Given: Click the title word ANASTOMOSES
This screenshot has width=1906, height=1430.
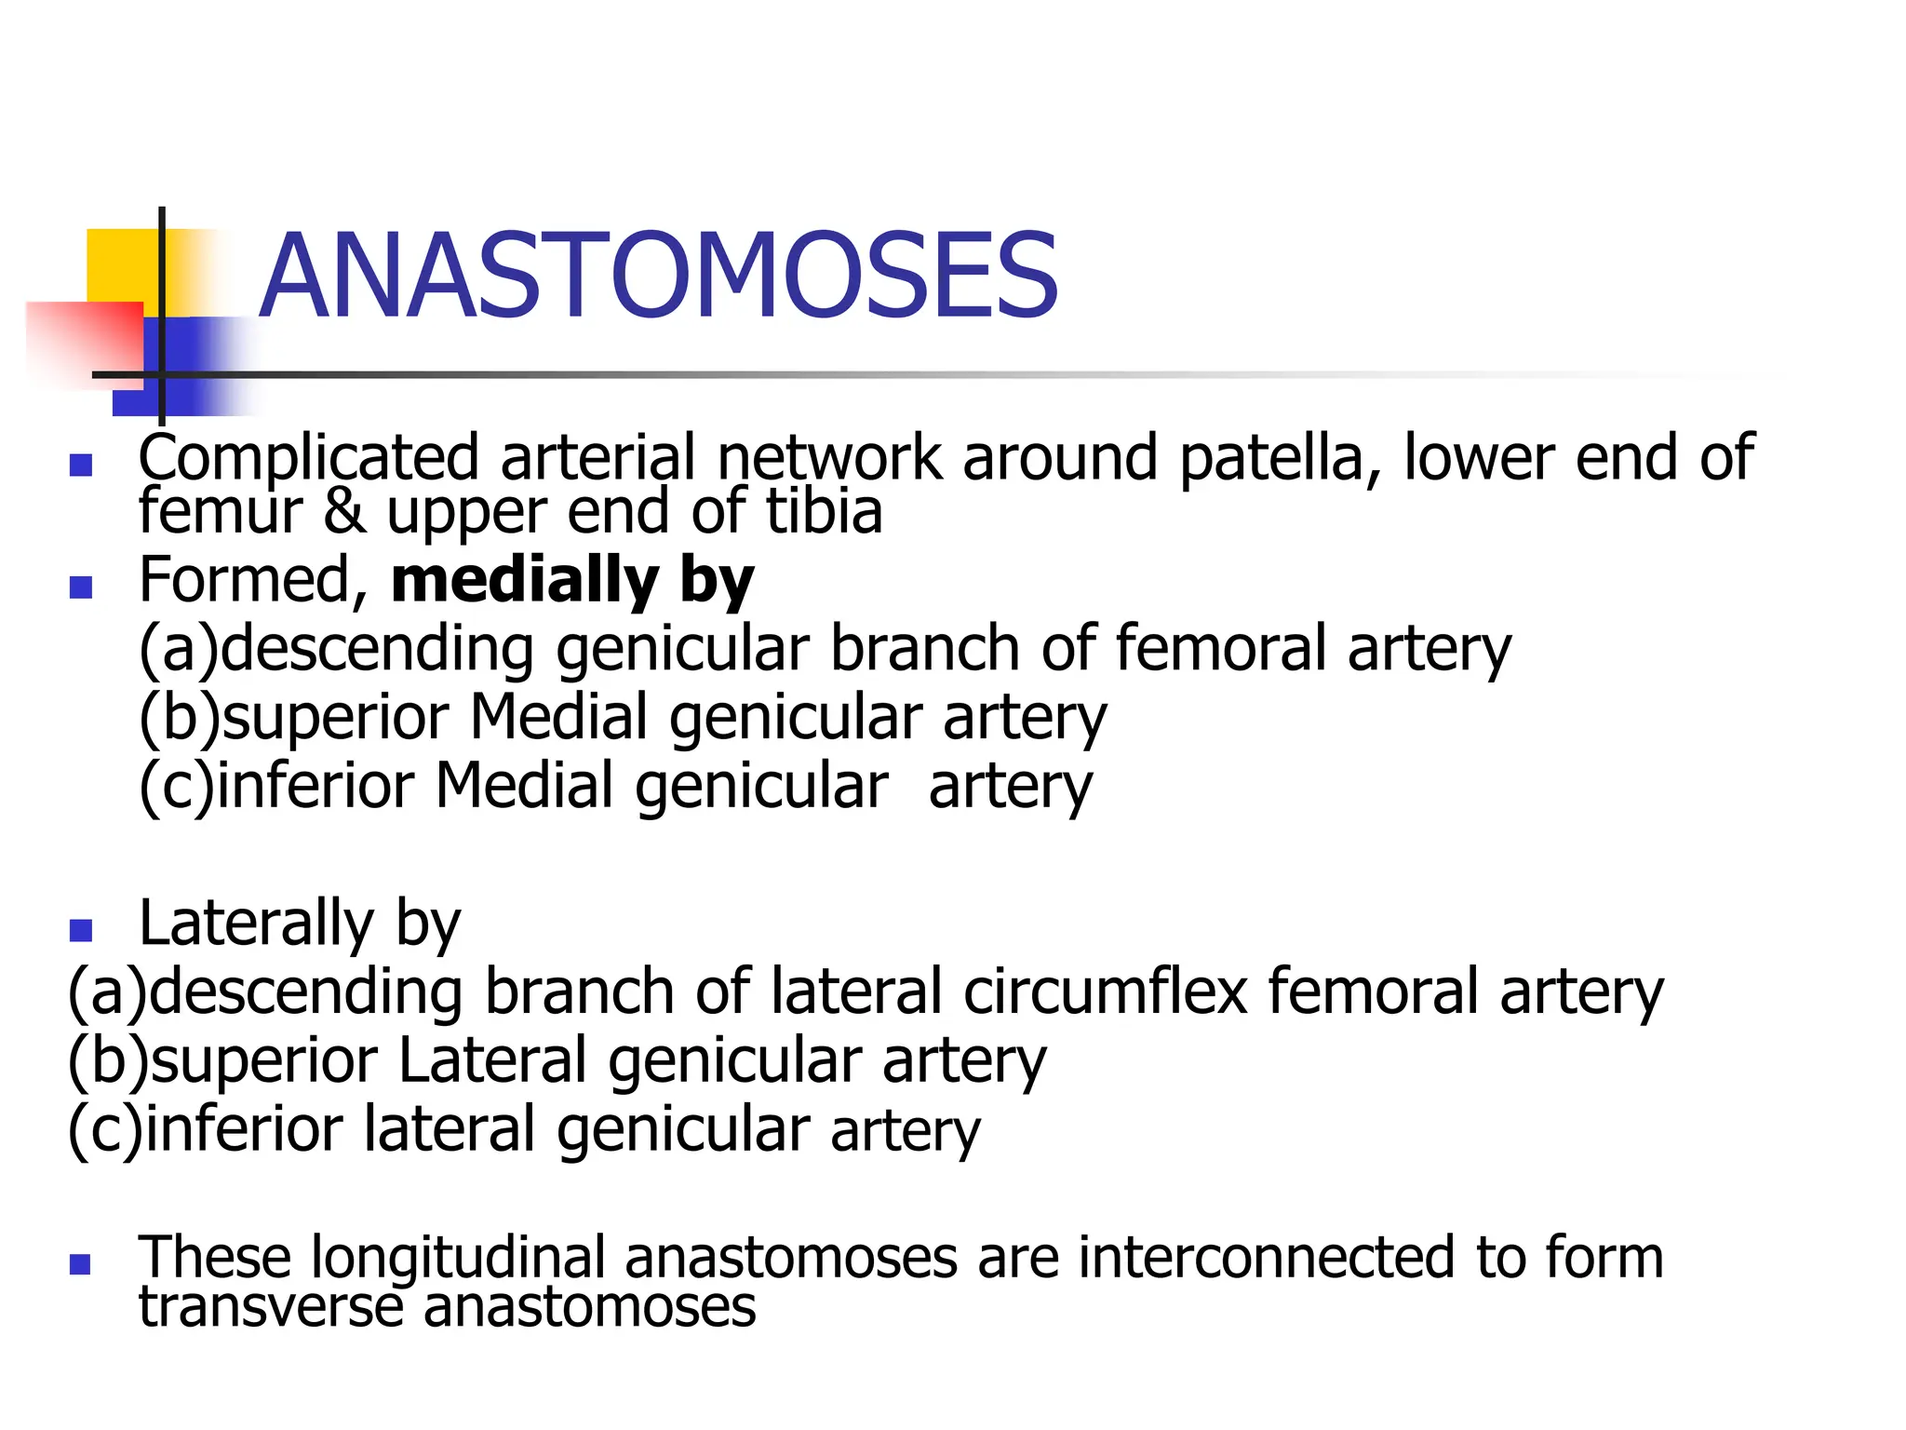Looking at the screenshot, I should coord(658,277).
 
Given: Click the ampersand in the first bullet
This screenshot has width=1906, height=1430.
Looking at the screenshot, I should coord(344,512).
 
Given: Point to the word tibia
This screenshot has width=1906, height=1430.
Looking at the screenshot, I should coord(824,512).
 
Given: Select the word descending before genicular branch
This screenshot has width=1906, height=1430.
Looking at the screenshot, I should coord(377,649).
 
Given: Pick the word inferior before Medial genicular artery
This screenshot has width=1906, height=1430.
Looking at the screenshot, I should coord(315,786).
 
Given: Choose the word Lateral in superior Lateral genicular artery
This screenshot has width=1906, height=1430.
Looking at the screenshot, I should coord(492,1060).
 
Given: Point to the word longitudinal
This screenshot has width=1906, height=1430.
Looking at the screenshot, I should coord(457,1258).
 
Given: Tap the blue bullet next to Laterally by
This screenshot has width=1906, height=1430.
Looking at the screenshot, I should coord(81,930).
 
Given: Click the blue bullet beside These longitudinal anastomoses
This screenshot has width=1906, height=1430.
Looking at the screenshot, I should coord(81,1264).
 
